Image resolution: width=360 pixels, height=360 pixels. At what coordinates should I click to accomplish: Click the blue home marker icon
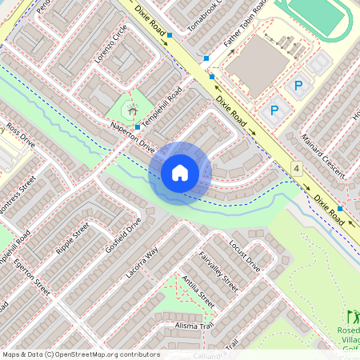(180, 173)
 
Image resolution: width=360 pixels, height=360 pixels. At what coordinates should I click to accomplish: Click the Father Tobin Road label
(243, 29)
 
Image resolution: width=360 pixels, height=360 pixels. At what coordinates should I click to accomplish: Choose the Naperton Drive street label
(131, 138)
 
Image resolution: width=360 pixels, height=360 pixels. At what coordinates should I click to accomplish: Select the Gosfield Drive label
(122, 235)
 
